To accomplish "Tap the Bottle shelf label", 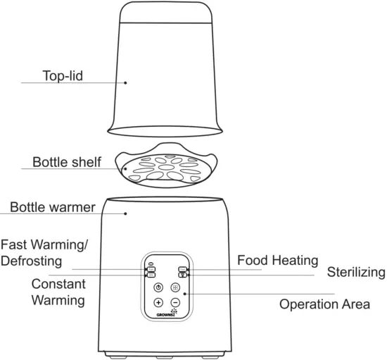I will click(x=67, y=162).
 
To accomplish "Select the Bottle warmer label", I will click(x=52, y=208).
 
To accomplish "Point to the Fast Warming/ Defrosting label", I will click(x=49, y=253).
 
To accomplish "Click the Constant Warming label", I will click(x=58, y=292).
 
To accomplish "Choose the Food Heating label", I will click(x=277, y=260).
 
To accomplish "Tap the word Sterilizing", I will click(x=356, y=272).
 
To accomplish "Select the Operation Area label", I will click(x=324, y=304).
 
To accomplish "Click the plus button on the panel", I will click(x=158, y=303).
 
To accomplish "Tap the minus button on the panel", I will click(x=175, y=303).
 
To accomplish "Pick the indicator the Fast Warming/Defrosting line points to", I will click(x=151, y=269).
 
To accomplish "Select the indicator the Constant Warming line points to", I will click(x=151, y=275).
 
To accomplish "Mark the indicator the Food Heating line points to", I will click(x=183, y=269).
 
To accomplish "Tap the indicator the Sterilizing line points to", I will click(x=183, y=275).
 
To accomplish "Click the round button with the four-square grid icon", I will click(x=175, y=287).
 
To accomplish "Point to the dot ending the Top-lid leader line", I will click(x=127, y=82).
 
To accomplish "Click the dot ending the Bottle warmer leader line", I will click(x=125, y=211).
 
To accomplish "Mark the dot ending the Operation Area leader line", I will click(x=185, y=294).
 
